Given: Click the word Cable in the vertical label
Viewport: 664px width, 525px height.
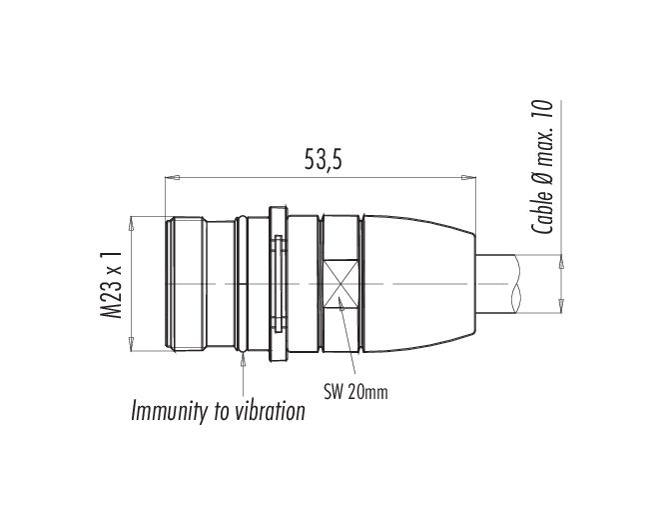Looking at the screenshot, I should click(544, 209).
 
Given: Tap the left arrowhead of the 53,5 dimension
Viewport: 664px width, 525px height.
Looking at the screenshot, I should click(170, 179).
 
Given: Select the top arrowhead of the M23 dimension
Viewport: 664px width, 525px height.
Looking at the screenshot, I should click(132, 221).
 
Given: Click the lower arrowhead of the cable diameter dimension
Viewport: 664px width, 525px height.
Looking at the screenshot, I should click(560, 301).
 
